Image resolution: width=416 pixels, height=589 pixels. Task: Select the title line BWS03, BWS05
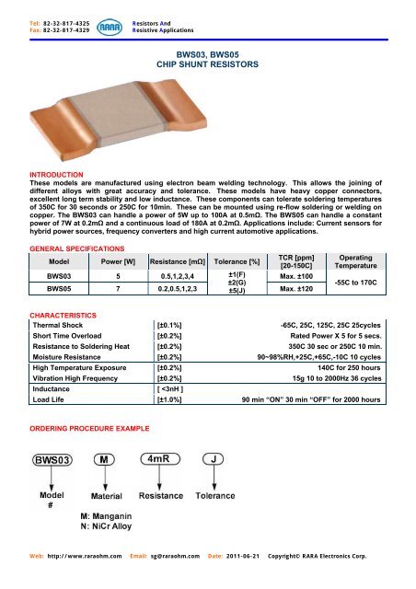coord(209,56)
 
